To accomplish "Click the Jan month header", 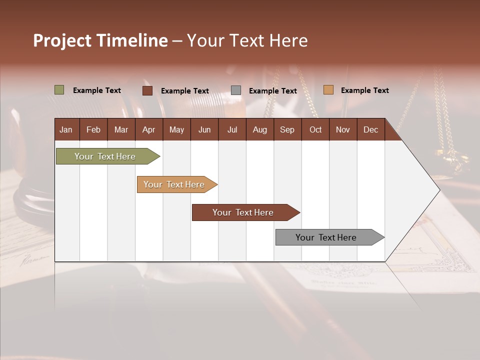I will point(66,129).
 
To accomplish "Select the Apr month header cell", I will point(148,129).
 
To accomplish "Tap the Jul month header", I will point(232,129).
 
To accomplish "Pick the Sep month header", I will point(287,129).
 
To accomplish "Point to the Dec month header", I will point(370,129).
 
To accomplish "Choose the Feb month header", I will point(93,129).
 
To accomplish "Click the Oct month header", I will point(315,129).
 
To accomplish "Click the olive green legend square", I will point(59,90).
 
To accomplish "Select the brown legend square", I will point(147,90).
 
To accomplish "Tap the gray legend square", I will point(236,90).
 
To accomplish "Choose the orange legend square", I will point(328,90).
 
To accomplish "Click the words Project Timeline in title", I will point(100,40).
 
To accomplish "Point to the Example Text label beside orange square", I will point(364,90).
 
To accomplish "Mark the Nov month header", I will point(343,129).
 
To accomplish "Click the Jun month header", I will point(204,129).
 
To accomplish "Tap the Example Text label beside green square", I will point(97,90).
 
